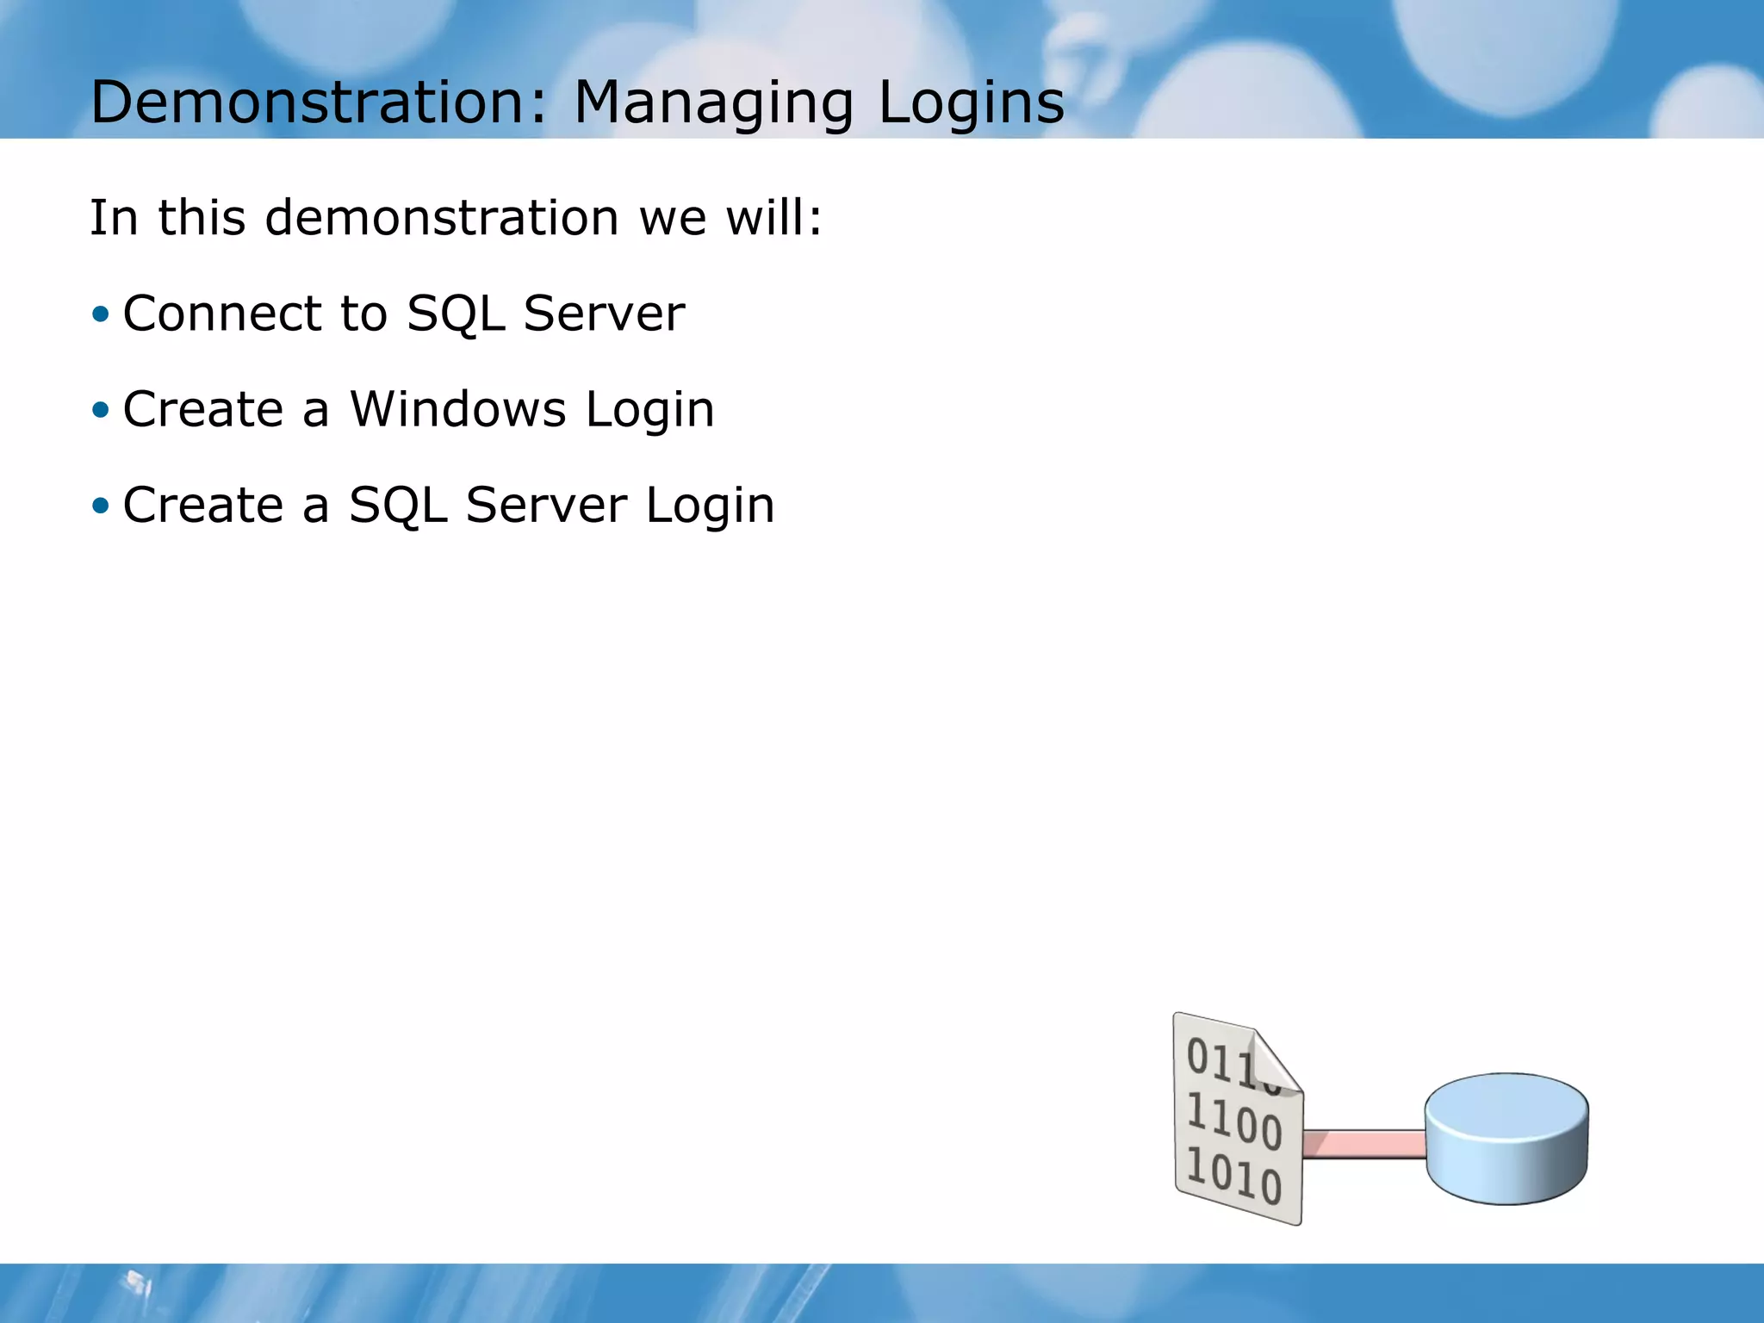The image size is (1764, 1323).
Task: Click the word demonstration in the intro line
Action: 442,217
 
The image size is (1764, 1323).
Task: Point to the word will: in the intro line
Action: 774,217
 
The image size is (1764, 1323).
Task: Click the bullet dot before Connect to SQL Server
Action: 102,314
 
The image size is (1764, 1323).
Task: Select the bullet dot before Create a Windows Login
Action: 102,409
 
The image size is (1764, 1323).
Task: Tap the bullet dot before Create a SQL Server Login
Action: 102,505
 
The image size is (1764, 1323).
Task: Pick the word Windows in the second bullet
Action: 457,409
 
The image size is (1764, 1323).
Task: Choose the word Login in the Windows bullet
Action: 650,411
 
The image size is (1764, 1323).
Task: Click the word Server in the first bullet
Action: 604,314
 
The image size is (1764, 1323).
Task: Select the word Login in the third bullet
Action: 710,506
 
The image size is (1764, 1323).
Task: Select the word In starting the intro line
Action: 114,217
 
